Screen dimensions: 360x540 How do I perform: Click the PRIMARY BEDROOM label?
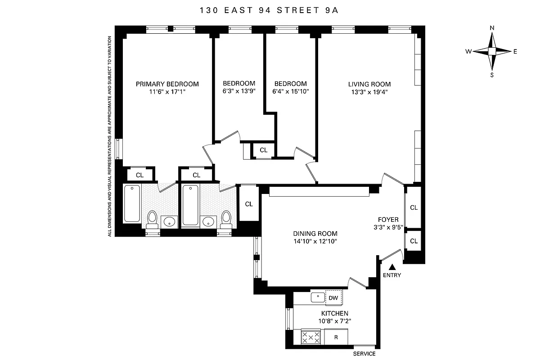167,84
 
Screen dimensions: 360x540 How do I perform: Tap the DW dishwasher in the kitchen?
333,297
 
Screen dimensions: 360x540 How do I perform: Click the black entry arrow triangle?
391,267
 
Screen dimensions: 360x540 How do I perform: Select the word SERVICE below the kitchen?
364,354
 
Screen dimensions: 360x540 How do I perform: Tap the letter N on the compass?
492,28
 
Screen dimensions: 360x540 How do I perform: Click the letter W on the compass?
468,51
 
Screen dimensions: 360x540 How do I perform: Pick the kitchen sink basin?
318,297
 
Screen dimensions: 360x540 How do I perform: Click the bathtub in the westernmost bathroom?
132,203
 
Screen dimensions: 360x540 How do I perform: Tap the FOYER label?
388,220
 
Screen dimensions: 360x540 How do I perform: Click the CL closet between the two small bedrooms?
264,150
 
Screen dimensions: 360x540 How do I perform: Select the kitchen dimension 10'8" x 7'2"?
334,321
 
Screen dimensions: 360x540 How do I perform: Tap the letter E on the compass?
515,51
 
